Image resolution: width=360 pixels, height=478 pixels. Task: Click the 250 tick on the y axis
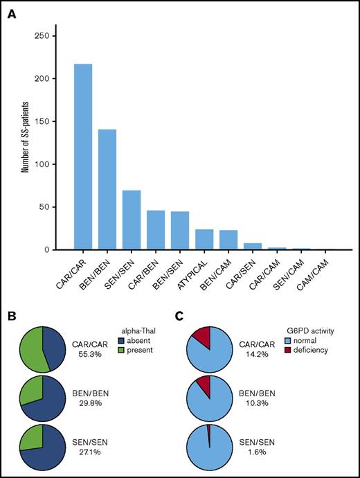tap(46, 35)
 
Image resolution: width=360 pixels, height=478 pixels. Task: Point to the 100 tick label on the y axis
tap(46, 164)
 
